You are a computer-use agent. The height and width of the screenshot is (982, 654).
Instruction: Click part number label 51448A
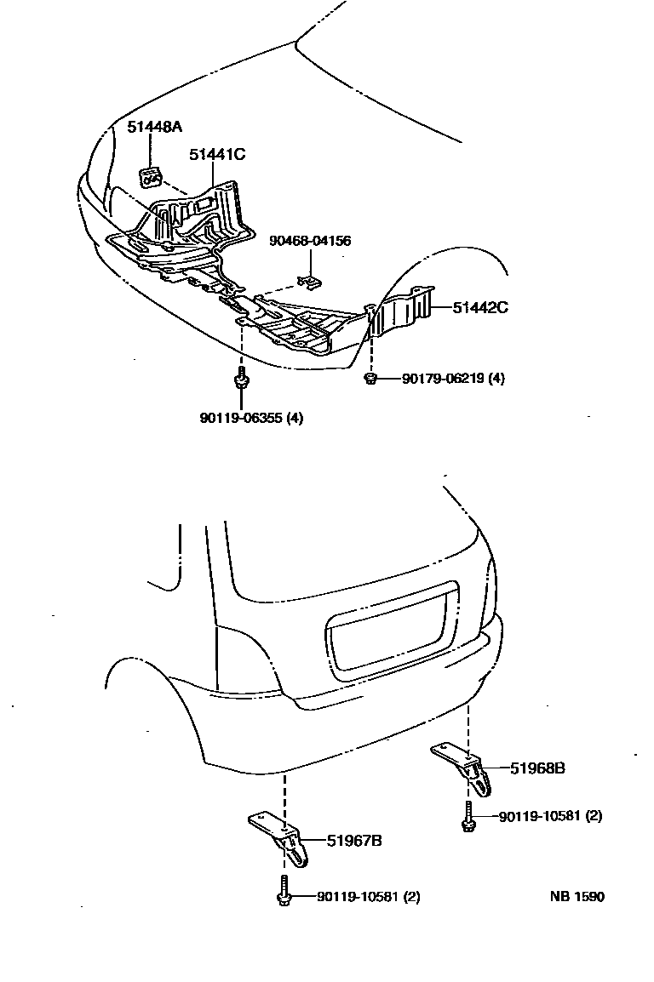(x=156, y=128)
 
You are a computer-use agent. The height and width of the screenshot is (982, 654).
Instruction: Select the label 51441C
(x=217, y=154)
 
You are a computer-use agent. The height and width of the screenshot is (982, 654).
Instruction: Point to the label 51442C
(x=480, y=307)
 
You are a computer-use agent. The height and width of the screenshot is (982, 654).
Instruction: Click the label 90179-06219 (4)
(x=453, y=378)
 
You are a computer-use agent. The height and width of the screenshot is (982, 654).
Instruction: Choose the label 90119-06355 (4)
(x=251, y=418)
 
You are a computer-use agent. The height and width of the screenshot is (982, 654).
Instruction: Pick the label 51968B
(x=537, y=768)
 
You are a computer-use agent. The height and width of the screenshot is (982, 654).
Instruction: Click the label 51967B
(x=354, y=842)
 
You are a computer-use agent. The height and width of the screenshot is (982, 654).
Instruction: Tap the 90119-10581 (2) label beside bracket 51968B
(x=550, y=816)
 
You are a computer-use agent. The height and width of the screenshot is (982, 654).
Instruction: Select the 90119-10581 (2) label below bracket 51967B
(x=368, y=897)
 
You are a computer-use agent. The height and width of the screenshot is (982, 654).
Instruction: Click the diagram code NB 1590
(x=577, y=897)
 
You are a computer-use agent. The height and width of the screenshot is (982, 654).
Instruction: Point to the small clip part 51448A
(x=151, y=178)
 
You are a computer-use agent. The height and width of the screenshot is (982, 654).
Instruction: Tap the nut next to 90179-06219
(x=372, y=378)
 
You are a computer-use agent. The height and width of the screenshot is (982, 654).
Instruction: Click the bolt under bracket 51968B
(x=468, y=819)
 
